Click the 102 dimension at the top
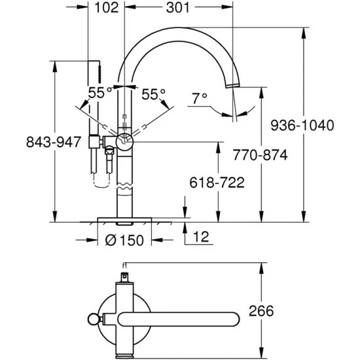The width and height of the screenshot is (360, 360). click(107, 8)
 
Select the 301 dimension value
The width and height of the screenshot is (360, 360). click(178, 8)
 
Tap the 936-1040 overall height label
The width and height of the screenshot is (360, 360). click(302, 126)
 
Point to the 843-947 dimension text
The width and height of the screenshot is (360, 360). click(54, 142)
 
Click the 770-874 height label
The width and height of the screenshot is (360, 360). click(260, 154)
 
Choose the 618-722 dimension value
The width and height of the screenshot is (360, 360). click(217, 183)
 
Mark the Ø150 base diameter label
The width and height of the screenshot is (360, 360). click(124, 240)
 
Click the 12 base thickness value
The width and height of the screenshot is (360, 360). click(201, 237)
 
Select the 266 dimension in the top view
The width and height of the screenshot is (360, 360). click(261, 311)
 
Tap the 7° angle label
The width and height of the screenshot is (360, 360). click(200, 98)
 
